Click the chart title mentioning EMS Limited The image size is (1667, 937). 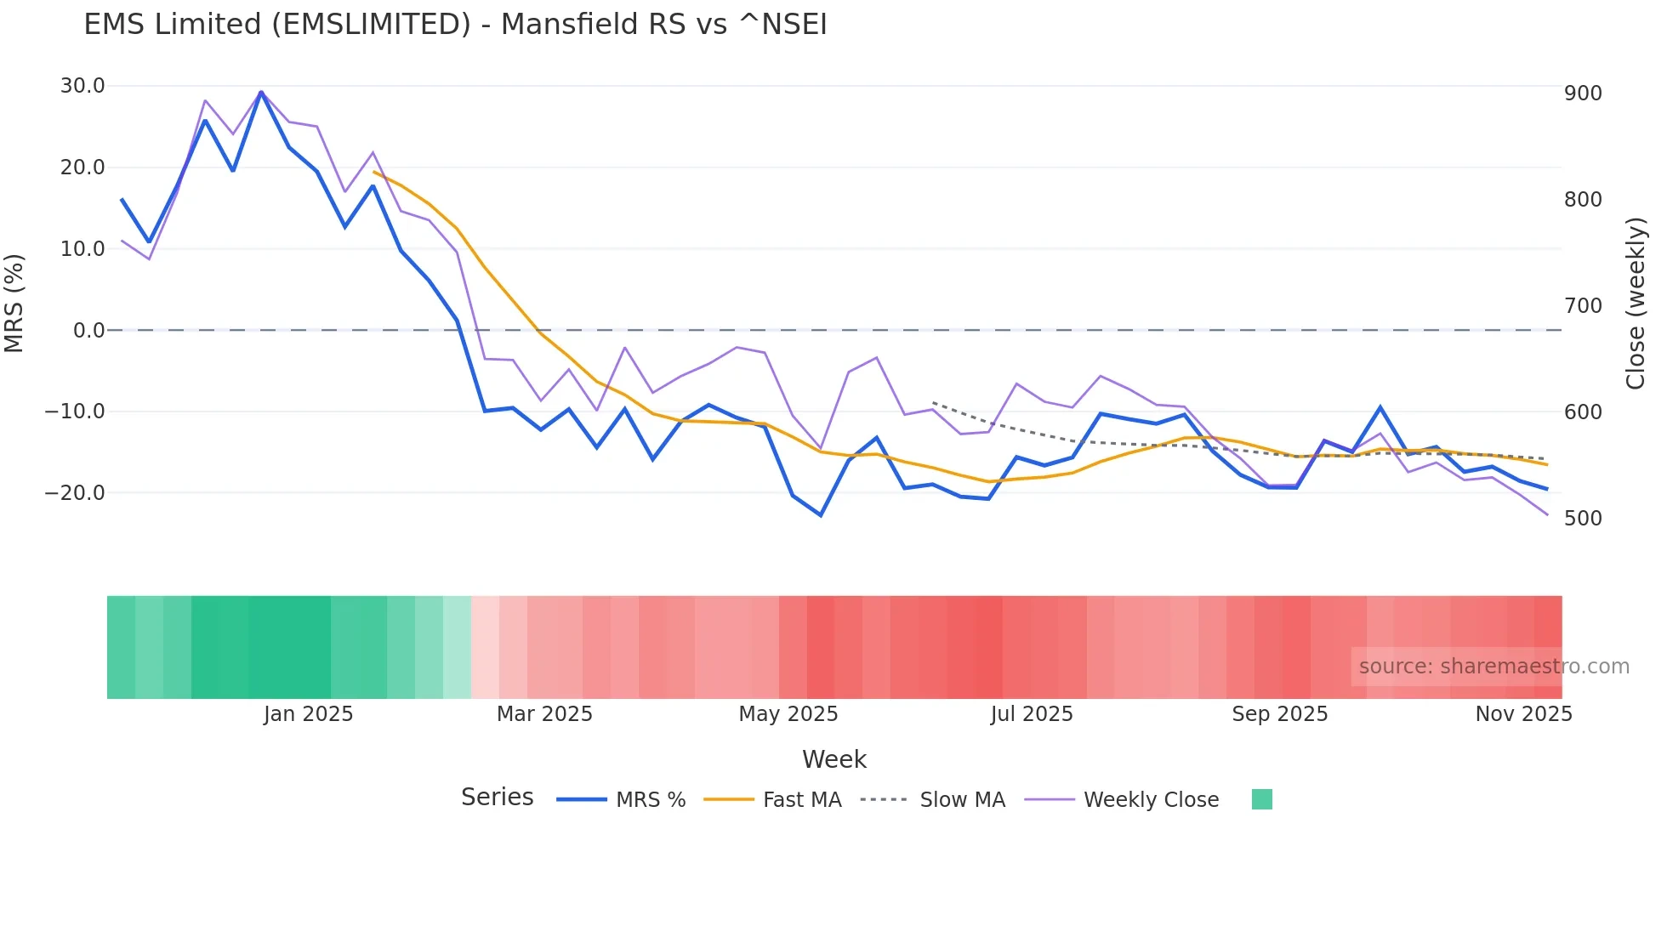pyautogui.click(x=455, y=25)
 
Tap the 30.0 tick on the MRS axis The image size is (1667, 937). pyautogui.click(x=82, y=86)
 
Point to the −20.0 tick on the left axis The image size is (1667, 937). pyautogui.click(x=75, y=493)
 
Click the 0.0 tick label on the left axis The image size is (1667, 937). pyautogui.click(x=88, y=331)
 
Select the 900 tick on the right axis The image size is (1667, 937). pyautogui.click(x=1583, y=94)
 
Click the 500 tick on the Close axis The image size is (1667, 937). pyautogui.click(x=1583, y=519)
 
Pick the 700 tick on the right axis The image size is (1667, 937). pyautogui.click(x=1583, y=306)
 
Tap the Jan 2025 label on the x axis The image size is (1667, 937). pyautogui.click(x=308, y=714)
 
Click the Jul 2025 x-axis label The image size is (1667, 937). pyautogui.click(x=1031, y=714)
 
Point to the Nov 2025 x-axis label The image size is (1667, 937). pyautogui.click(x=1523, y=714)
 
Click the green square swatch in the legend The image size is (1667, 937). pyautogui.click(x=1262, y=799)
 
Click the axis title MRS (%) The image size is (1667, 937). pyautogui.click(x=14, y=304)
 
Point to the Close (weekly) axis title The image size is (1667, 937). pyautogui.click(x=1636, y=304)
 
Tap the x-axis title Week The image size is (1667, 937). pyautogui.click(x=833, y=760)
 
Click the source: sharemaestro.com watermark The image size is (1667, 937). pyautogui.click(x=1493, y=667)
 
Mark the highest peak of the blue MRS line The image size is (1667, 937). pyautogui.click(x=261, y=92)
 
